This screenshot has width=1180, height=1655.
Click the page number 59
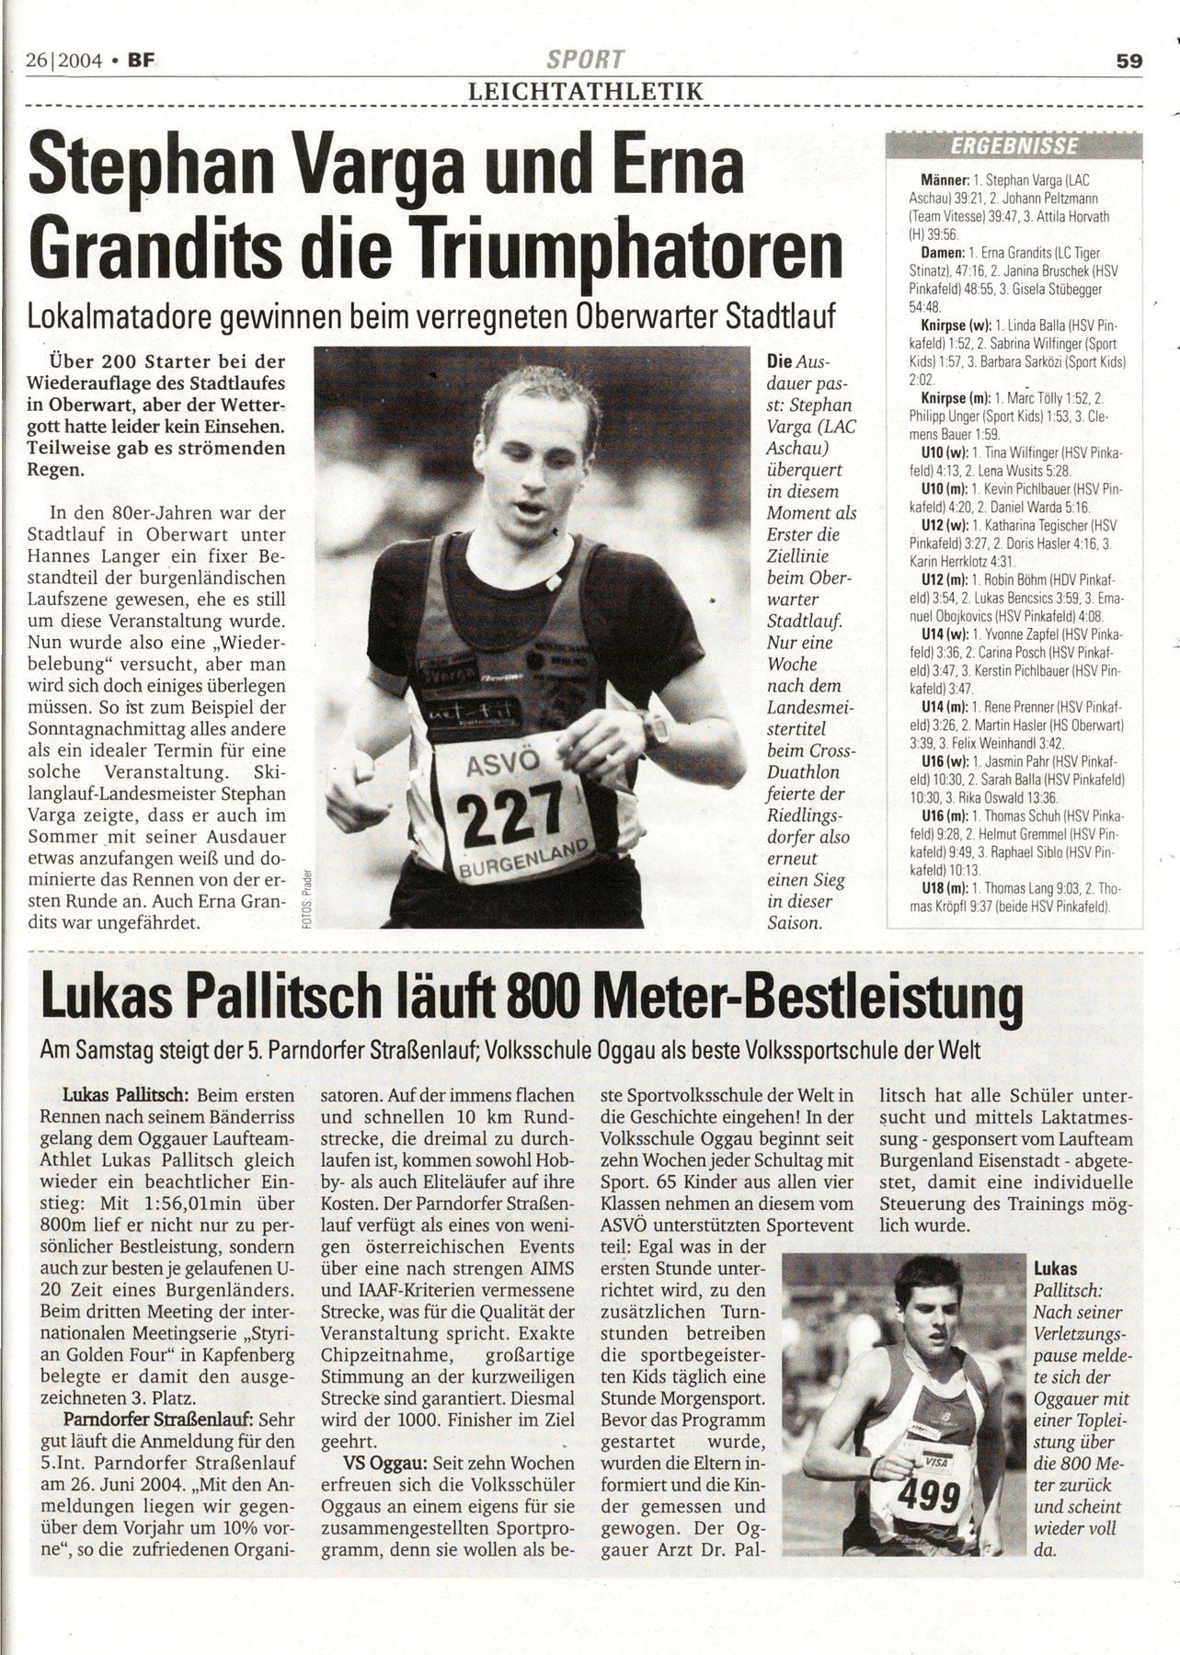[x=1128, y=61]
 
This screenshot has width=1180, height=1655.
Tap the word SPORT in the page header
[x=585, y=61]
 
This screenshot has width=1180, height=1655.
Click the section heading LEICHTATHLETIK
[x=586, y=91]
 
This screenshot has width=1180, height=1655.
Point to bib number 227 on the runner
[x=503, y=811]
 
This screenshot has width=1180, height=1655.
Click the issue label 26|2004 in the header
[x=63, y=61]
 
